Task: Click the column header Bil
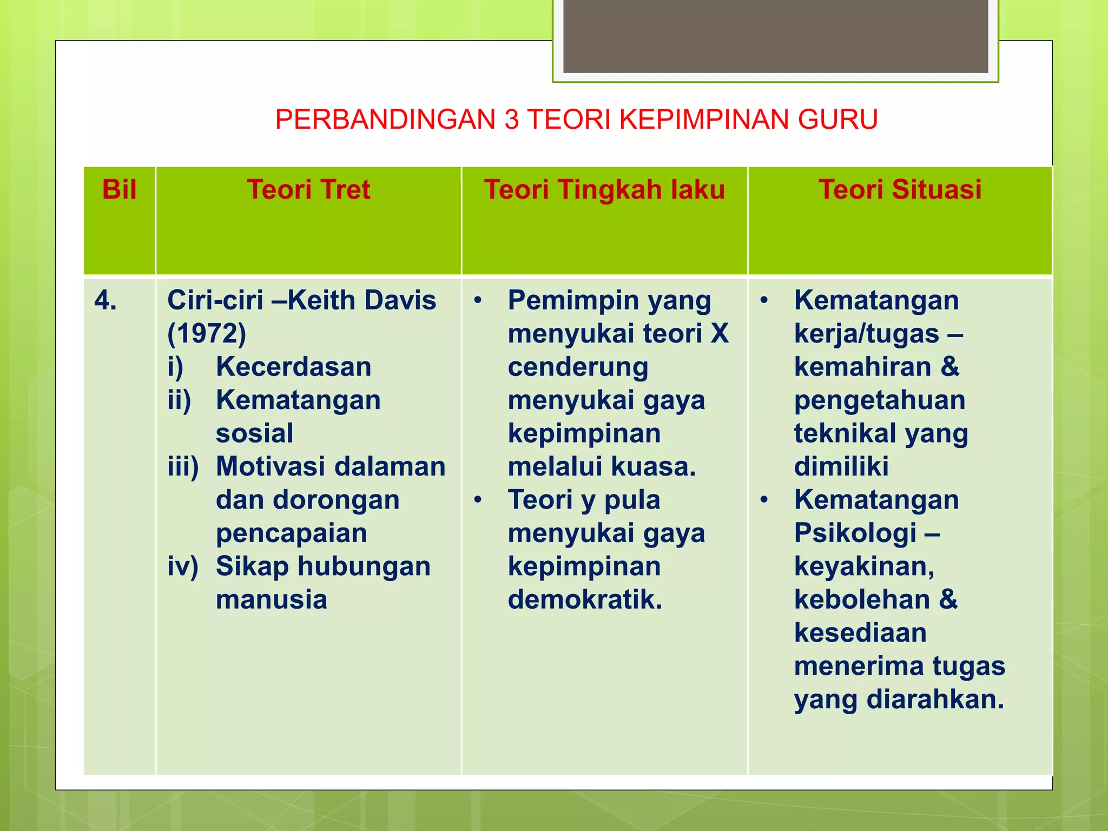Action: (x=119, y=190)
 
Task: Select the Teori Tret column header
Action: (x=308, y=190)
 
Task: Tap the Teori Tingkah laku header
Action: (x=604, y=190)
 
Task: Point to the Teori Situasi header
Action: (x=900, y=190)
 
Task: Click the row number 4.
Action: (x=105, y=300)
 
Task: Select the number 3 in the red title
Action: (x=512, y=120)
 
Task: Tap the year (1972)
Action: (x=207, y=334)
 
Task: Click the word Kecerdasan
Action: (x=294, y=367)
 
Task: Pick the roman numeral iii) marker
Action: (x=183, y=467)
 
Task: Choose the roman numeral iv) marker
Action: (x=183, y=567)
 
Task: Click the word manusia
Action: (x=272, y=600)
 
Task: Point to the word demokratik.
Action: (x=585, y=600)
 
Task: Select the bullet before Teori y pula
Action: (x=478, y=500)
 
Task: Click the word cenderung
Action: (x=578, y=367)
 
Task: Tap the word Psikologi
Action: (x=855, y=533)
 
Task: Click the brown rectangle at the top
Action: (x=775, y=36)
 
